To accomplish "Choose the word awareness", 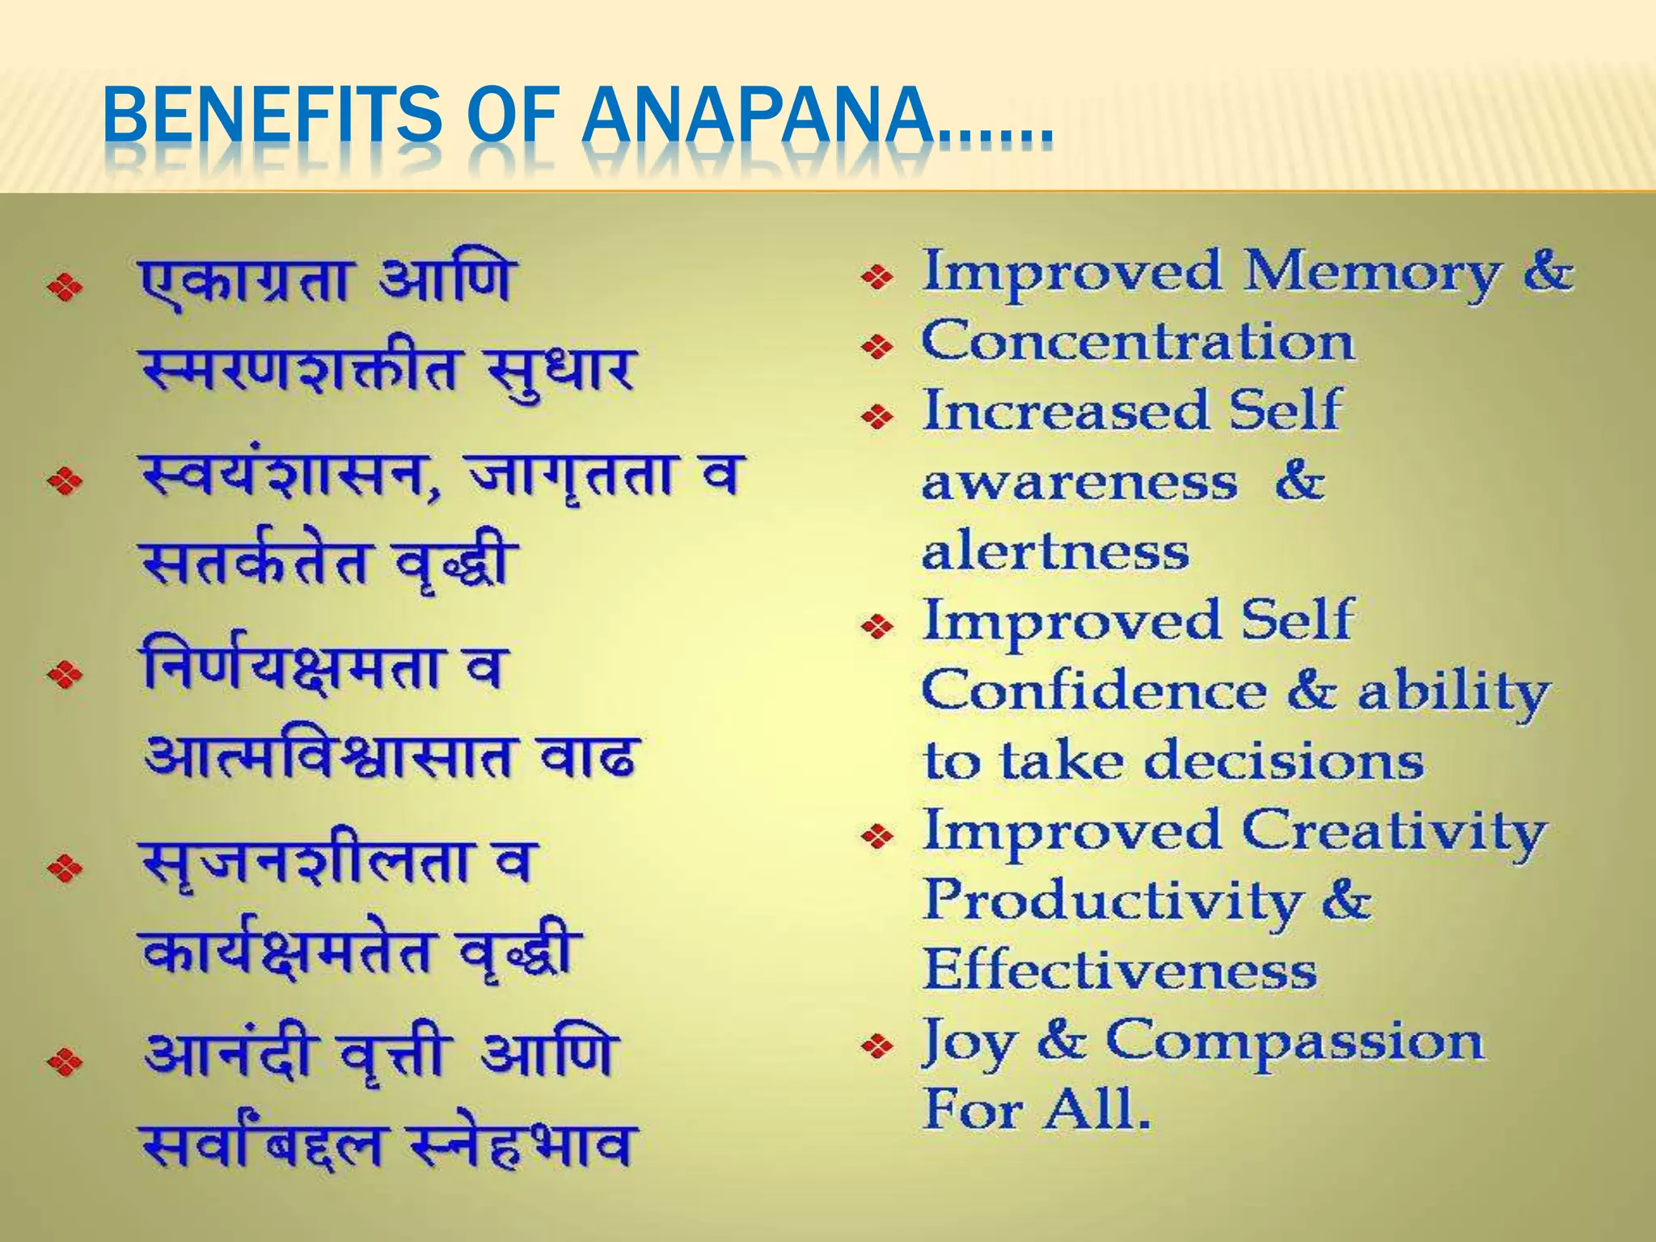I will click(x=1079, y=484).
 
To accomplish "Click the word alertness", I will click(x=1055, y=553).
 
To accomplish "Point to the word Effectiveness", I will click(x=1120, y=970).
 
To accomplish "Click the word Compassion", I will click(x=1294, y=1041).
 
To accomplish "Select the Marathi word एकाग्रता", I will click(x=247, y=281).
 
